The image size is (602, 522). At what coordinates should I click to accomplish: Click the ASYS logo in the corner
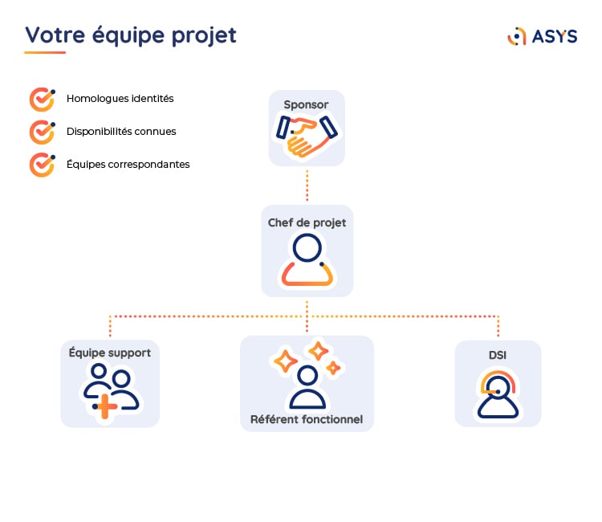point(543,36)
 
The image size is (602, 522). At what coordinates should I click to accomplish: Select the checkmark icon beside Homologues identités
point(41,99)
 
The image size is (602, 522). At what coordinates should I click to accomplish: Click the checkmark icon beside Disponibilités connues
point(41,131)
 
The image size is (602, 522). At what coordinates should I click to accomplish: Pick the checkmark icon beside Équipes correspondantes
point(41,164)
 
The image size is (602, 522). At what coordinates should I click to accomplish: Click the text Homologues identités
point(120,99)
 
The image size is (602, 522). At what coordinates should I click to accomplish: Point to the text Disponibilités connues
point(121,132)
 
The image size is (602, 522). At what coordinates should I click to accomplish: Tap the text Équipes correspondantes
point(128,164)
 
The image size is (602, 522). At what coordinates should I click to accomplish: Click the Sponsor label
point(306,104)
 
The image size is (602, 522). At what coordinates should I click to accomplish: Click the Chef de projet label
point(307,222)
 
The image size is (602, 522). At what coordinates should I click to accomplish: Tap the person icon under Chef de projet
point(307,260)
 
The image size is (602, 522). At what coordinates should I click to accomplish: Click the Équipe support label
point(110,353)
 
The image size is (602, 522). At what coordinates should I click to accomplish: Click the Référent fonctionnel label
point(307,419)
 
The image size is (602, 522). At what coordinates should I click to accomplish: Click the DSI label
point(498,354)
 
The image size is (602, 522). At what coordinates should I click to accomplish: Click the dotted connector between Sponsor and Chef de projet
point(307,185)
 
